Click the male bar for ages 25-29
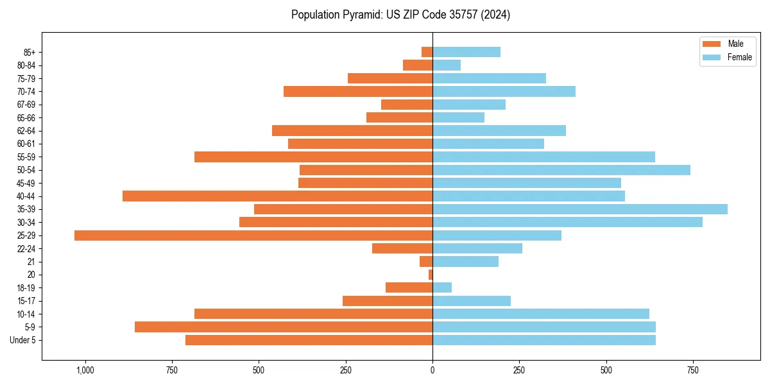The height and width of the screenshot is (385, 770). click(253, 235)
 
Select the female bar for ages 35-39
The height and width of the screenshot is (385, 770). click(580, 209)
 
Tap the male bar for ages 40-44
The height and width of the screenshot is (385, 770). click(277, 196)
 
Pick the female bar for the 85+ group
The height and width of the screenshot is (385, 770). click(466, 52)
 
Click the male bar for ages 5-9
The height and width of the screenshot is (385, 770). click(284, 327)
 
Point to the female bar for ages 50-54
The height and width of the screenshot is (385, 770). click(561, 170)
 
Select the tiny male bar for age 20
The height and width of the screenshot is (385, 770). click(431, 275)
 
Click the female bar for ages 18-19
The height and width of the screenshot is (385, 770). click(442, 287)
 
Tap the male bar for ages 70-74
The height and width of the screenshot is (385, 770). click(358, 91)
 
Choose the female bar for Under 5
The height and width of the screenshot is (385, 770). click(544, 340)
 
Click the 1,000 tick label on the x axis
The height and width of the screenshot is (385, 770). click(85, 370)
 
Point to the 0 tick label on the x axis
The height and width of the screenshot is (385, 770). click(432, 370)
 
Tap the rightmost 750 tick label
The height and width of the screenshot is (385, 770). click(693, 370)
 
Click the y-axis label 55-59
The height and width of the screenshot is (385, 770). click(26, 157)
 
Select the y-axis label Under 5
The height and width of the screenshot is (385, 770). click(23, 340)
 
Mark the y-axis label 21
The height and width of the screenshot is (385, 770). click(31, 262)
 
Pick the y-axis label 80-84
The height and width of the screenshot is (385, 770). click(26, 65)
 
